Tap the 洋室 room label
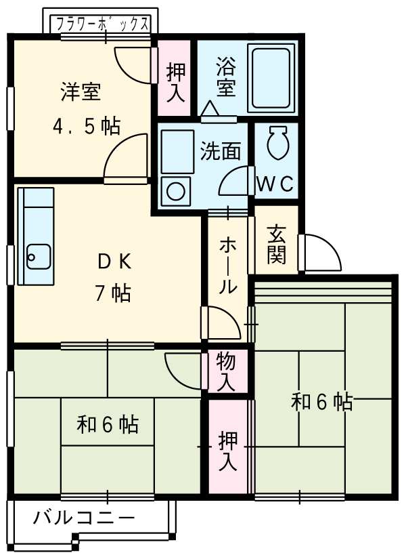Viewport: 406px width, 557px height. pyautogui.click(x=81, y=92)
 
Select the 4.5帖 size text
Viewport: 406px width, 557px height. pyautogui.click(x=87, y=125)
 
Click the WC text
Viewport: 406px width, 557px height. pyautogui.click(x=275, y=184)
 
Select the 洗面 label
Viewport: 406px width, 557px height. pyautogui.click(x=221, y=151)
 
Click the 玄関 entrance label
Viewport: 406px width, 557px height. pyautogui.click(x=276, y=243)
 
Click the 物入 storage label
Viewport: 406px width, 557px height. pyautogui.click(x=226, y=371)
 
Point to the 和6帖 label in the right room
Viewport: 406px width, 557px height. pyautogui.click(x=321, y=403)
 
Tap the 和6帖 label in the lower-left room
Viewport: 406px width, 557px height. pyautogui.click(x=108, y=425)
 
